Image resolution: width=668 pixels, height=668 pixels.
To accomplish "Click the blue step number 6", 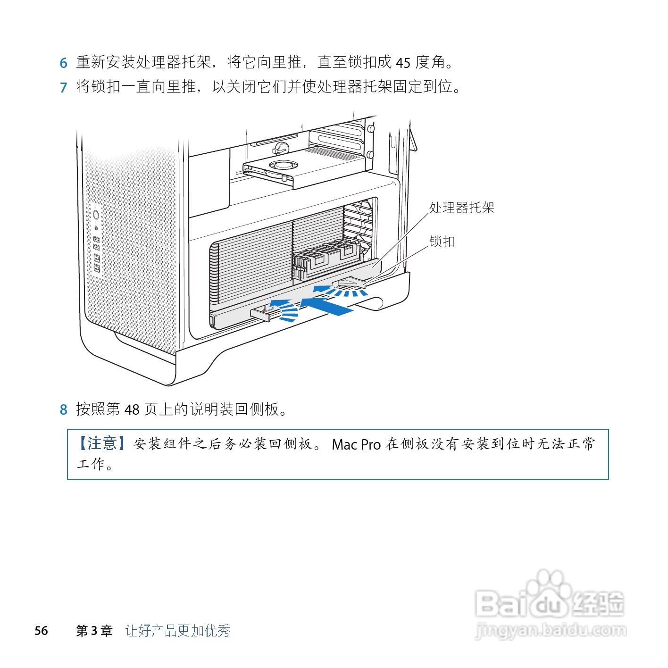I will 64,63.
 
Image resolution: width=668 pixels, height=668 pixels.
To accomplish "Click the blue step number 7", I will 64,87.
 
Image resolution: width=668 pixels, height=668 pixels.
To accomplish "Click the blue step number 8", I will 64,409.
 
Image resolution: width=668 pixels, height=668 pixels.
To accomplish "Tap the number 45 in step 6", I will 403,63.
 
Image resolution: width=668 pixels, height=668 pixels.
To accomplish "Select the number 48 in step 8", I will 132,409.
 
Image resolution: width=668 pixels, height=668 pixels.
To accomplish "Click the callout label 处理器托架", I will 461,208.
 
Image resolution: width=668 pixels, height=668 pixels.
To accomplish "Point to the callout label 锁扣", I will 442,242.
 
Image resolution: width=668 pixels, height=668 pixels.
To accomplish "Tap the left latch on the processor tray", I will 261,313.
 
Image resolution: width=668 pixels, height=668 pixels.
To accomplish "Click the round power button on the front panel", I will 96,215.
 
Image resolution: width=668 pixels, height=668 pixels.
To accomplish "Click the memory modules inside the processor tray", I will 328,257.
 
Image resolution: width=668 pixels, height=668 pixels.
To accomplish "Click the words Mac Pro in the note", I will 356,444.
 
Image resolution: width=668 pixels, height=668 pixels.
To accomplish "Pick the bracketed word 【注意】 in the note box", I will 101,443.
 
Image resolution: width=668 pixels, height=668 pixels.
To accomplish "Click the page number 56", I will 41,631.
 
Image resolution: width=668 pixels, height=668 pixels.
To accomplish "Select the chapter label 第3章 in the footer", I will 94,631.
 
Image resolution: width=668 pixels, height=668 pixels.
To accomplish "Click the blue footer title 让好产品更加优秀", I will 178,631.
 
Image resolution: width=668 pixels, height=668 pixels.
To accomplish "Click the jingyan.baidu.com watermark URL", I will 551,630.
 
